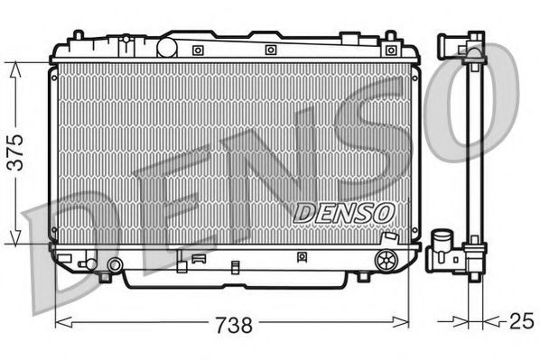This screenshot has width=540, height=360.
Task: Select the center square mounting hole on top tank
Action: [x=270, y=50]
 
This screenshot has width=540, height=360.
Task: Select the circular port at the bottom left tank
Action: [x=115, y=265]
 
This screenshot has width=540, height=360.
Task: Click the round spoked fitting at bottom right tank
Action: [x=386, y=261]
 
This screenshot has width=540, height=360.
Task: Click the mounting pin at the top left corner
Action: [x=79, y=37]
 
